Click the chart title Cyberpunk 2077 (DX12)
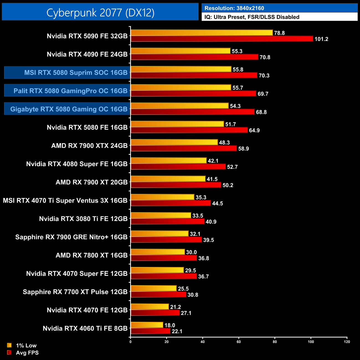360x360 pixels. tap(100, 12)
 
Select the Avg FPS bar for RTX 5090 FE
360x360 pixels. tap(222, 39)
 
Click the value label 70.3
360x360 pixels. tap(264, 76)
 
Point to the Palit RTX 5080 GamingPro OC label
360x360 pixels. tap(70, 91)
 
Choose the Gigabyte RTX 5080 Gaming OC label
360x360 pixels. tap(69, 109)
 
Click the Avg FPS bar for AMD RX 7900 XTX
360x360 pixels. tap(184, 148)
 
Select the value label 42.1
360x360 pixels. tap(213, 161)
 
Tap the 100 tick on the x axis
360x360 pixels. tap(311, 342)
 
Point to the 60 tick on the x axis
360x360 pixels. tap(239, 342)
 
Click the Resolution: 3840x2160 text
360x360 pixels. tap(234, 8)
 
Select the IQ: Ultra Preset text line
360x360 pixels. tap(252, 17)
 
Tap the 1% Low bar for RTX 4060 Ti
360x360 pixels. tap(147, 325)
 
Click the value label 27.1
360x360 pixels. tap(186, 313)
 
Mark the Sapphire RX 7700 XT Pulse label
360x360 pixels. tap(75, 292)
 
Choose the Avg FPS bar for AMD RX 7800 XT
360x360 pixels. tap(164, 258)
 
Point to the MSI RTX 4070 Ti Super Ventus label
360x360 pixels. tap(65, 200)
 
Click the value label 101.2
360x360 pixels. tap(321, 39)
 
